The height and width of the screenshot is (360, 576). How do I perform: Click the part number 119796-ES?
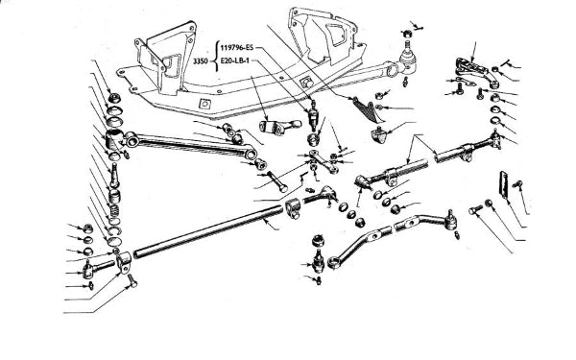pyautogui.click(x=236, y=47)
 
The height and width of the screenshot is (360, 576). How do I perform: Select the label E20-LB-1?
pyautogui.click(x=234, y=60)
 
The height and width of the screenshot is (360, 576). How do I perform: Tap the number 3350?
pyautogui.click(x=201, y=61)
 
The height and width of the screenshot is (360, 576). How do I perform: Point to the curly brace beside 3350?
pyautogui.click(x=215, y=55)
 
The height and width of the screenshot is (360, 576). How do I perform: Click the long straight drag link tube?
pyautogui.click(x=208, y=231)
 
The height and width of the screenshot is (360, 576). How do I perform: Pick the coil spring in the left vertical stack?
pyautogui.click(x=114, y=210)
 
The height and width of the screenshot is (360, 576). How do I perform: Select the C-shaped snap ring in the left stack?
pyautogui.click(x=115, y=231)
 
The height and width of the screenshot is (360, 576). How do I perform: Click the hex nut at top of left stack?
pyautogui.click(x=115, y=98)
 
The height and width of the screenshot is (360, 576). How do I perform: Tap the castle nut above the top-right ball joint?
pyautogui.click(x=406, y=34)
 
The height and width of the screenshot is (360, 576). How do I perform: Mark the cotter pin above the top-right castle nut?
pyautogui.click(x=417, y=26)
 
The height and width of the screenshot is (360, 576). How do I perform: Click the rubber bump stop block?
pyautogui.click(x=378, y=134)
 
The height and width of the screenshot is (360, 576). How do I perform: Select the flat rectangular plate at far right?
pyautogui.click(x=503, y=185)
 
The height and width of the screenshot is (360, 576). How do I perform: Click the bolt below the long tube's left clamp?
pyautogui.click(x=132, y=281)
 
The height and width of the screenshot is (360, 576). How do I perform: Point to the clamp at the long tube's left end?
pyautogui.click(x=124, y=261)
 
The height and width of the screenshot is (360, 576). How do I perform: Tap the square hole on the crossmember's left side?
pyautogui.click(x=204, y=104)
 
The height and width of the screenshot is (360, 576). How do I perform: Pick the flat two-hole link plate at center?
pyautogui.click(x=324, y=161)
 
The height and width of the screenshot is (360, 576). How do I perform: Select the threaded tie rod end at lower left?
pyautogui.click(x=99, y=268)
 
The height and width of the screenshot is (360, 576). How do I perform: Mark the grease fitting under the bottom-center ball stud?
pyautogui.click(x=318, y=280)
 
